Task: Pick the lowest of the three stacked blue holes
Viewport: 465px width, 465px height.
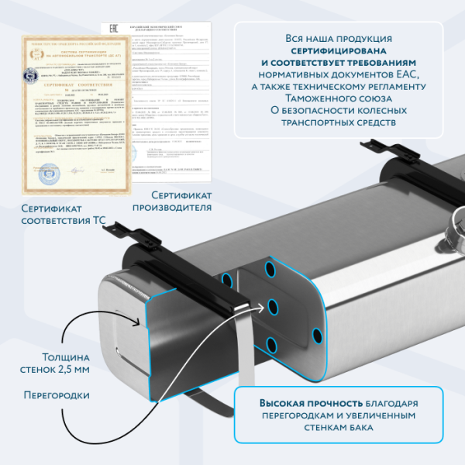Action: [x=271, y=343]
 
